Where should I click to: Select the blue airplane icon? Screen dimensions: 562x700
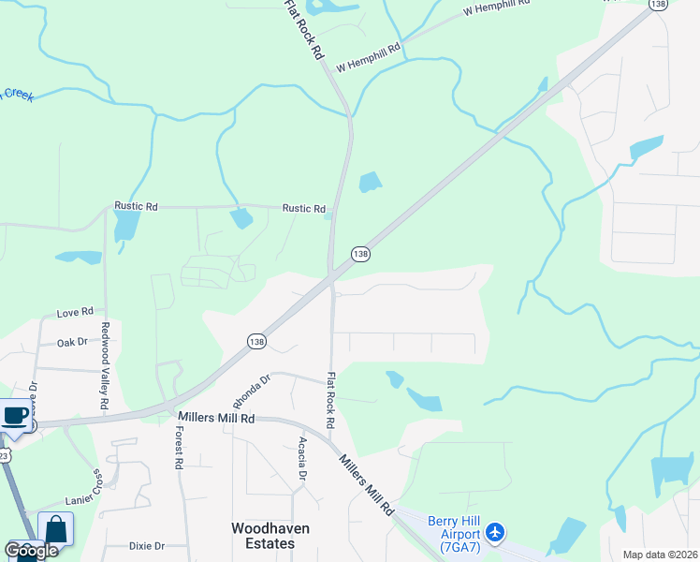click(496, 534)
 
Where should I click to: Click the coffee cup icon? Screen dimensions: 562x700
click(16, 415)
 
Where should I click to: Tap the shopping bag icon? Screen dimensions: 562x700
click(55, 530)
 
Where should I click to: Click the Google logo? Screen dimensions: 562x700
click(32, 551)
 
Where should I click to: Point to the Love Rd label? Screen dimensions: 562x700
click(75, 312)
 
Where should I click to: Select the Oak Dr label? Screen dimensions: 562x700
click(71, 344)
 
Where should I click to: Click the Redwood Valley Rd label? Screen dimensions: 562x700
click(105, 367)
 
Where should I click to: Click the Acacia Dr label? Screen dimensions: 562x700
click(302, 458)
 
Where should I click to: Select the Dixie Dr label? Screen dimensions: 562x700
click(147, 546)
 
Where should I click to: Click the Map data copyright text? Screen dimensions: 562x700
click(661, 555)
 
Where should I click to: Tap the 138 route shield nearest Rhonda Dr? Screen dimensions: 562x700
click(256, 342)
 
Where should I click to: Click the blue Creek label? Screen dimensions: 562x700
click(16, 94)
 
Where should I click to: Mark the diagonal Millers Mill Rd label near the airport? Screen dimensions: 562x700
click(366, 484)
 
